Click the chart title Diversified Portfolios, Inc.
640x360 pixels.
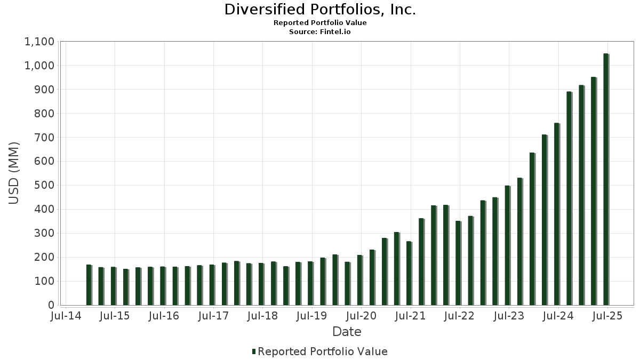point(320,10)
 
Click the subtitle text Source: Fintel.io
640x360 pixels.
point(320,31)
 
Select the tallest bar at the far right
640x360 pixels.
point(606,179)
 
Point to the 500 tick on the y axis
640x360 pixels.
point(44,186)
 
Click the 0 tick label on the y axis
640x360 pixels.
point(51,305)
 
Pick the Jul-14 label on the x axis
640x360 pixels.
point(65,316)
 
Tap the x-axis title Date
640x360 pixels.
point(347,332)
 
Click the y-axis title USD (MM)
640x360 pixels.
point(14,173)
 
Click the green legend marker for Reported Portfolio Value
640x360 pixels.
point(254,351)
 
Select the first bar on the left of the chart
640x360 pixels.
point(89,285)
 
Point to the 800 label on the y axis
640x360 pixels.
point(44,114)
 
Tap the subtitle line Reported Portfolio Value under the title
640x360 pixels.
point(320,23)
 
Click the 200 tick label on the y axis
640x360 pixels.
point(44,257)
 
